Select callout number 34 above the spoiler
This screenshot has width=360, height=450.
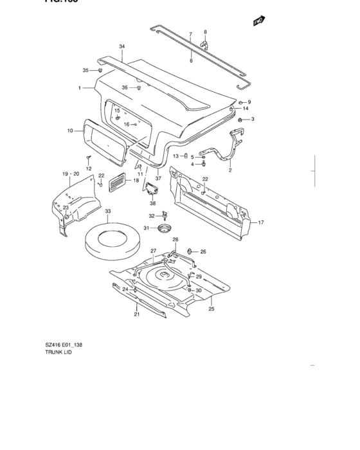122,46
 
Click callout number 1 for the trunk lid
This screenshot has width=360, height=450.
80,88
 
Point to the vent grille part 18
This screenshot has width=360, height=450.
116,182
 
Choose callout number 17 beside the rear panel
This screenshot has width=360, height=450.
261,222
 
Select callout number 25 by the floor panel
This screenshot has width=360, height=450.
212,309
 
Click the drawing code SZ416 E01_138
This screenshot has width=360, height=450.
64,345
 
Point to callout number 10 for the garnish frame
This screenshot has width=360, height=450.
70,130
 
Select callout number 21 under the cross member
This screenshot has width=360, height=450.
136,314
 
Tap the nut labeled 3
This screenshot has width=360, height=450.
240,120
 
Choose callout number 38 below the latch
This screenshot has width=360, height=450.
153,203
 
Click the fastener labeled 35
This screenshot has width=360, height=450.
100,70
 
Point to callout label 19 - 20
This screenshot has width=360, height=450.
70,174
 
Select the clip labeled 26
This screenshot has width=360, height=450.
190,251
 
